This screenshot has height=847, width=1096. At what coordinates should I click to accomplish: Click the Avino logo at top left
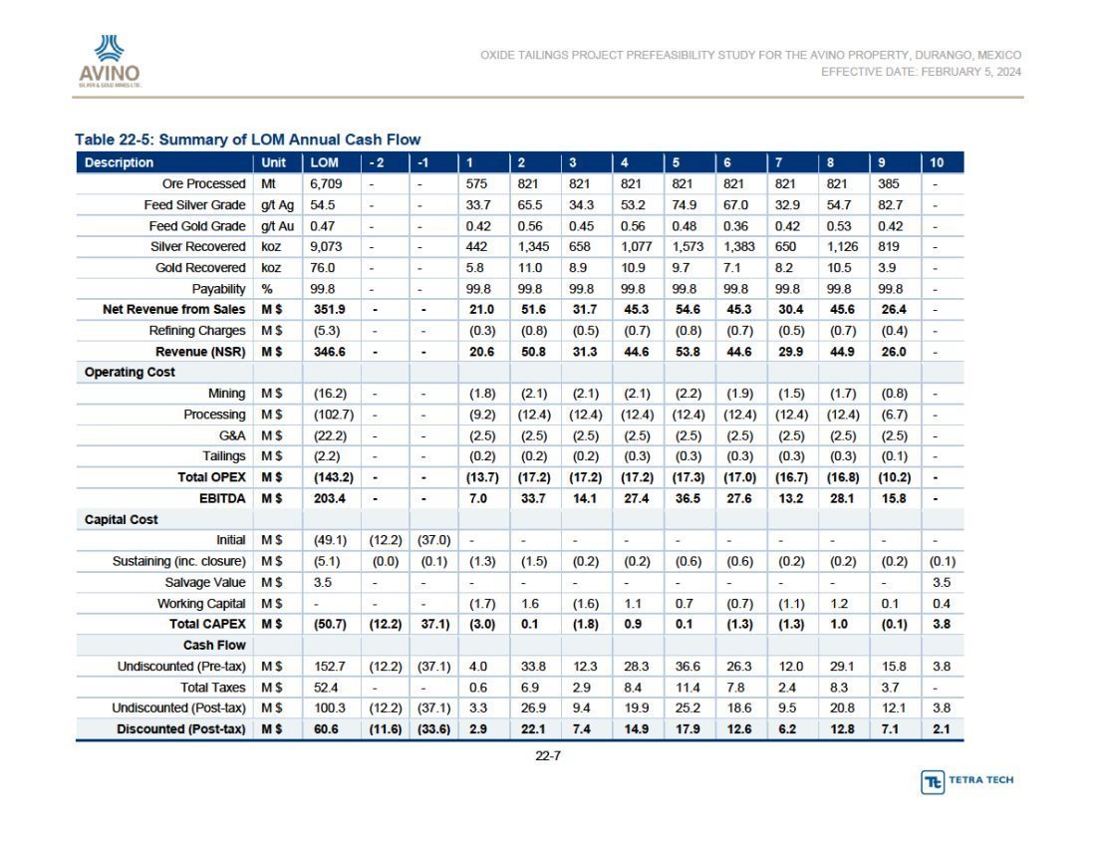pos(110,61)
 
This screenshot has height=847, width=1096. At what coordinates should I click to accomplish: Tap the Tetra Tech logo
pos(967,781)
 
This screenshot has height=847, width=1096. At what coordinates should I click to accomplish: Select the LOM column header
pos(325,162)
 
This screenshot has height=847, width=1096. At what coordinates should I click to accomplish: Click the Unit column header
pos(273,162)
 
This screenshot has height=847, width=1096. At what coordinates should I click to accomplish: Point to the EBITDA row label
pos(222,498)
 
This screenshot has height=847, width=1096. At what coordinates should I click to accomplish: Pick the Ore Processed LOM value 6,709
pos(327,183)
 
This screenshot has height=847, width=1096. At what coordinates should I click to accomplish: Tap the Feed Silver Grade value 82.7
pos(891,204)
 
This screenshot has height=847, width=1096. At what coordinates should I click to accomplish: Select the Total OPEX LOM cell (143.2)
pos(333,477)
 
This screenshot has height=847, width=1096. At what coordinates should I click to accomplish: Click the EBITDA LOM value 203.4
pos(329,498)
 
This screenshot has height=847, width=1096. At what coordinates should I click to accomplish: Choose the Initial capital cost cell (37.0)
pos(433,540)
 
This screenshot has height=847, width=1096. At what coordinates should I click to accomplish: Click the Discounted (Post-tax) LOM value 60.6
pos(326,728)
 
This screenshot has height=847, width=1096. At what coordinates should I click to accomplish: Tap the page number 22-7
pos(548,755)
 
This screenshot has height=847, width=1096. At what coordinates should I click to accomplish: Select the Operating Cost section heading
pos(130,372)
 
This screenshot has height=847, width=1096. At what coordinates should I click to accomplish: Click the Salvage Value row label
pos(205,582)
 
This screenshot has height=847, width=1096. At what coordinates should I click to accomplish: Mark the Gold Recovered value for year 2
pos(530,268)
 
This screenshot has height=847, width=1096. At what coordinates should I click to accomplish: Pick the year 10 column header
pos(937,162)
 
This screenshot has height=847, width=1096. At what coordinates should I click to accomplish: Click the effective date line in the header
pos(922,72)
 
